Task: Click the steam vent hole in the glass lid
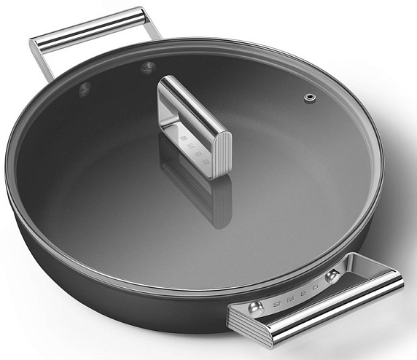(310, 98)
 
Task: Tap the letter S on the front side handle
(277, 304)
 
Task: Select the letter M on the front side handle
(290, 299)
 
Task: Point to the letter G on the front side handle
(315, 287)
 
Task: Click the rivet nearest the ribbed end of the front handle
(255, 309)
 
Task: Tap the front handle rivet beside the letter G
(332, 276)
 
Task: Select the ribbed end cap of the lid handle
(222, 154)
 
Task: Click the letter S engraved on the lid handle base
(183, 138)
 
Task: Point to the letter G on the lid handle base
(205, 161)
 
